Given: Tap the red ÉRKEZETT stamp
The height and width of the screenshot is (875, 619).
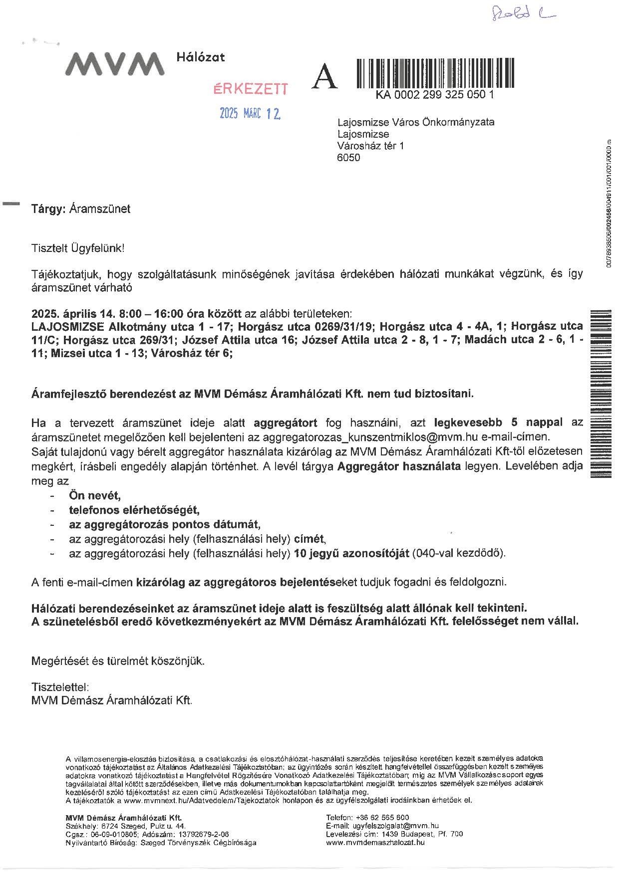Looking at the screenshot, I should pos(251,89).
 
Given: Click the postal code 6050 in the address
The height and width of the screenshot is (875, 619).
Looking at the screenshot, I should pos(348,158).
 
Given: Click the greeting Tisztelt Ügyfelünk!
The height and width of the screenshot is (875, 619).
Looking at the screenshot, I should pos(78,248).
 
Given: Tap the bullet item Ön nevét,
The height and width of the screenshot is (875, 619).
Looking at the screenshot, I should pos(95,496).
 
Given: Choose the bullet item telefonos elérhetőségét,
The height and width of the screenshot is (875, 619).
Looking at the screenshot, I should pos(134,510).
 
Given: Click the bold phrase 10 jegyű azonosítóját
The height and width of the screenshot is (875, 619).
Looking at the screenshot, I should pos(351,553).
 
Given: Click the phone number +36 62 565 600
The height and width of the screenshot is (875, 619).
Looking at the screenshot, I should pos(381,817).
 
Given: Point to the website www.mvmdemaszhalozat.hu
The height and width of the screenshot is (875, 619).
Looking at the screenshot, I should pos(375,842).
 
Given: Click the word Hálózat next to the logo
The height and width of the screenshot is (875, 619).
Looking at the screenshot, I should pos(201,57).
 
